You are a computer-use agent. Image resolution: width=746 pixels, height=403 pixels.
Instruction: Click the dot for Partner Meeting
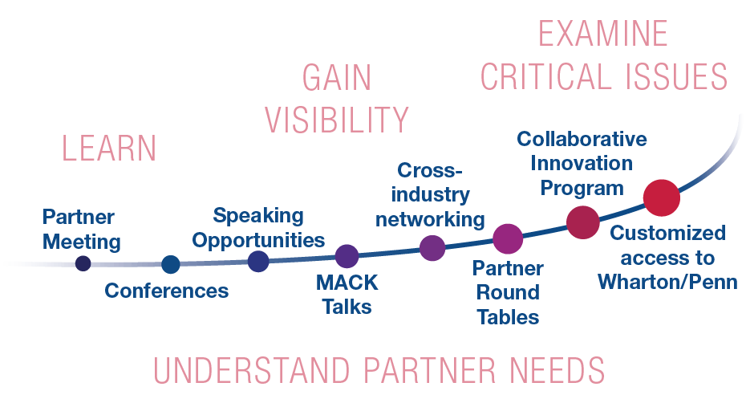click(x=83, y=263)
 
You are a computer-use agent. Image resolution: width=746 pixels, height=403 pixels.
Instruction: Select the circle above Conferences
click(x=171, y=264)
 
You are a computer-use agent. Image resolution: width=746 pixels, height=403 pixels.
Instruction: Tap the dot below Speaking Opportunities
click(x=258, y=261)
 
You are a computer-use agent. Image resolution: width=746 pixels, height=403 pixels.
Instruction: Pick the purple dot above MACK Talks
click(x=347, y=256)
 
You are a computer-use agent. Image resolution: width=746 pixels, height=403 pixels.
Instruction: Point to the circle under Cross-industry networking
click(x=432, y=248)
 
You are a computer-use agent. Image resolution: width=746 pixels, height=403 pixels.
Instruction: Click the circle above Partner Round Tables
click(x=508, y=238)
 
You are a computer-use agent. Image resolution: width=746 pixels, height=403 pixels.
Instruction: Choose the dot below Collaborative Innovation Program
click(x=583, y=222)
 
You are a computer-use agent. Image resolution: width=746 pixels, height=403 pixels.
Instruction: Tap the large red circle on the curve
click(x=662, y=197)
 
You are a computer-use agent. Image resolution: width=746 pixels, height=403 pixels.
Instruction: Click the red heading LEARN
click(x=110, y=149)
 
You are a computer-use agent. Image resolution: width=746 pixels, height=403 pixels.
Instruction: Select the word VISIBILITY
click(x=337, y=120)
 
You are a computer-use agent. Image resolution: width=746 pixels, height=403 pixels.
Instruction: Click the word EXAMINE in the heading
click(x=602, y=35)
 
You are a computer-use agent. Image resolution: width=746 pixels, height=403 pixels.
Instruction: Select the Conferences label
click(x=167, y=291)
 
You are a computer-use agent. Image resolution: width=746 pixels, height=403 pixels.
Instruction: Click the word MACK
click(x=347, y=283)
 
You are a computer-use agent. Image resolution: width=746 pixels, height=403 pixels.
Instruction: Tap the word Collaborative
click(x=582, y=139)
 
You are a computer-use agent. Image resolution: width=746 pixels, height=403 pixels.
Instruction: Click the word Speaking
click(x=258, y=215)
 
